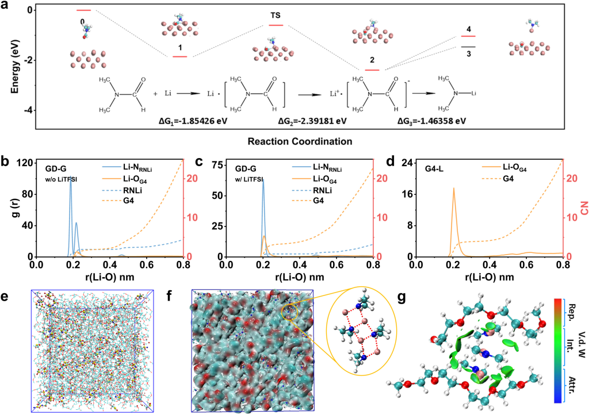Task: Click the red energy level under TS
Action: pos(276,25)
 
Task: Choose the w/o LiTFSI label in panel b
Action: pos(61,179)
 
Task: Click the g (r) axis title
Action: pos(8,209)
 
